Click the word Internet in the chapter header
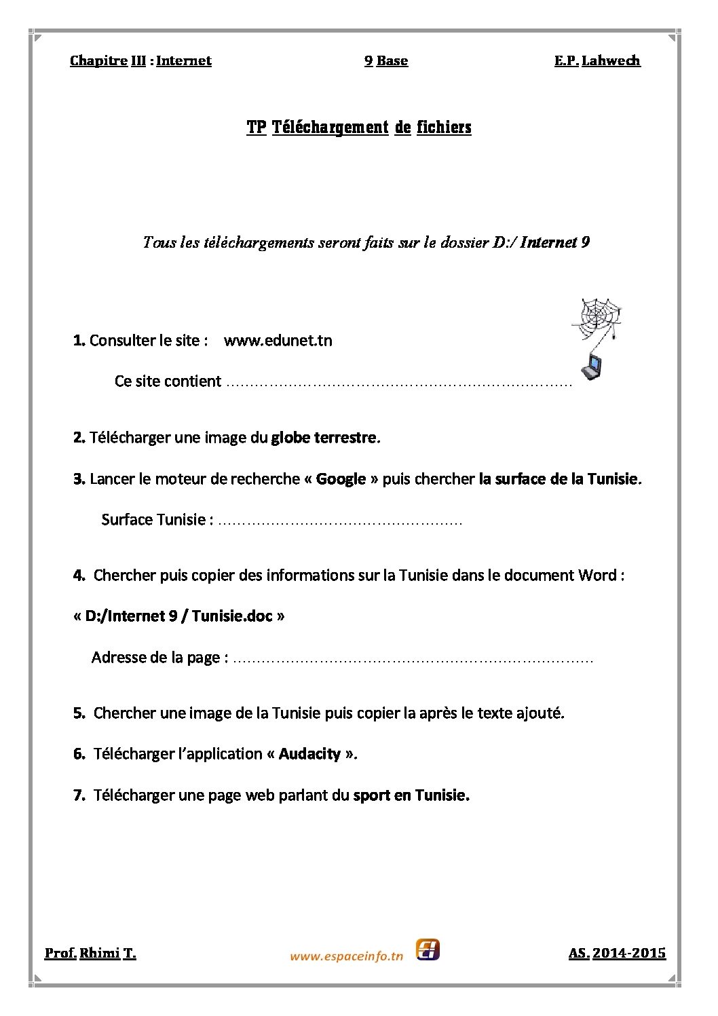pos(183,60)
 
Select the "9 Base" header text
pos(386,60)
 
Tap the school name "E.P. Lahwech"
pos(597,60)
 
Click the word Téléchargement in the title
pos(330,127)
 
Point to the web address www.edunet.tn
pos(278,340)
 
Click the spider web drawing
pos(597,314)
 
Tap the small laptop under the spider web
pos(591,366)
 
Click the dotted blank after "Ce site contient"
pos(399,383)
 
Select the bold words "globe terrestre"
pos(324,437)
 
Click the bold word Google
pos(341,478)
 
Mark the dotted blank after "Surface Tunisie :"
pos(341,521)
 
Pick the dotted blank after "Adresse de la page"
pos(413,658)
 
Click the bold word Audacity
pos(309,753)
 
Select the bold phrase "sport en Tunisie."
pos(411,795)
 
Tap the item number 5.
pos(79,713)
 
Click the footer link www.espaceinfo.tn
pos(346,956)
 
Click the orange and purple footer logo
pos(428,949)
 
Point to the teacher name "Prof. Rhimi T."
pos(90,953)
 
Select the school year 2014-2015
pos(628,953)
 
